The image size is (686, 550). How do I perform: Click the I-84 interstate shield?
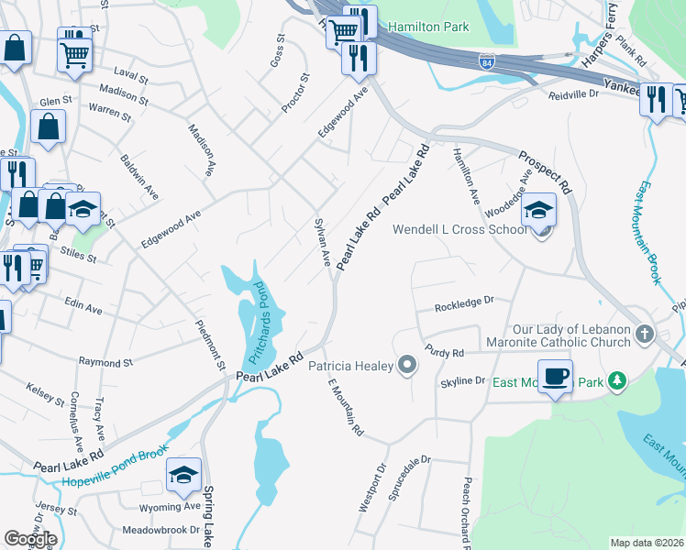[485, 60]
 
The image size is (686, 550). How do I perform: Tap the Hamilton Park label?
[428, 27]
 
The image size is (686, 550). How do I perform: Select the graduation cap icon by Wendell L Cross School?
[539, 210]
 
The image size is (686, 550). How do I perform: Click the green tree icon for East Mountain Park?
[618, 380]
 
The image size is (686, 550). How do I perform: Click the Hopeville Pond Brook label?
[116, 478]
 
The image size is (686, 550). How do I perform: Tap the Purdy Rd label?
[445, 352]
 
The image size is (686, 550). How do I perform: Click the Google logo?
[30, 538]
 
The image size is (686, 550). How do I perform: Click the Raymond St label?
[105, 362]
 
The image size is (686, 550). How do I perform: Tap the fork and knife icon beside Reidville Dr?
[656, 99]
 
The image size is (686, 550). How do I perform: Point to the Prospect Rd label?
[545, 171]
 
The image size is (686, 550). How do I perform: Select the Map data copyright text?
[647, 543]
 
